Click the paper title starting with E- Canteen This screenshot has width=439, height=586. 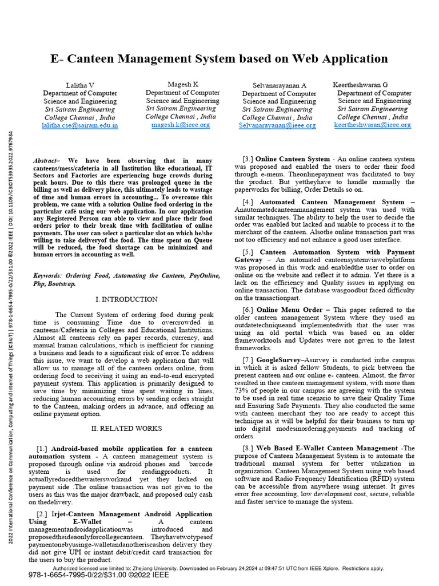coord(219,59)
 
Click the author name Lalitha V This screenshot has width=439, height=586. coord(80,85)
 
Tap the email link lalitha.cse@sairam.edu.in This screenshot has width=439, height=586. coord(80,125)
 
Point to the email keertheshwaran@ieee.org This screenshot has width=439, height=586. coord(372,125)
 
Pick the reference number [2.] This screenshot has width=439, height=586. coord(42,514)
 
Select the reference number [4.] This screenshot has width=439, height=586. coord(248,202)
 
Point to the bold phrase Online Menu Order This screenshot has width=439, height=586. coord(295,310)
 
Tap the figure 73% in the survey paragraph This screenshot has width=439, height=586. coord(242,391)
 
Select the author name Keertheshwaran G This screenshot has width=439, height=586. coord(360,85)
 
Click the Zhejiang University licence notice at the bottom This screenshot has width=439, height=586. coord(219,568)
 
